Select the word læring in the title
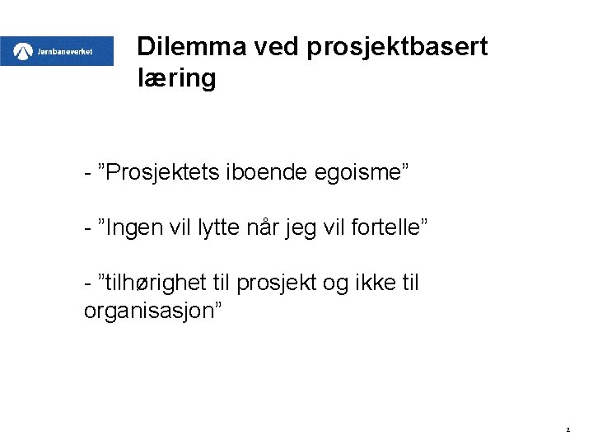(177, 79)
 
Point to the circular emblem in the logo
(23, 52)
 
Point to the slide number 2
(568, 429)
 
